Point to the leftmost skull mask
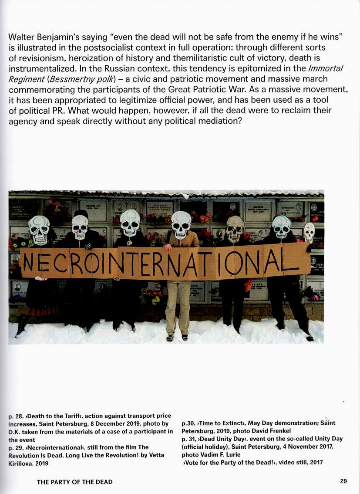[x=39, y=230]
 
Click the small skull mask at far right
[x=309, y=232]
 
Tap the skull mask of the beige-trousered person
[x=181, y=225]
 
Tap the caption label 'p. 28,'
[x=16, y=416]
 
